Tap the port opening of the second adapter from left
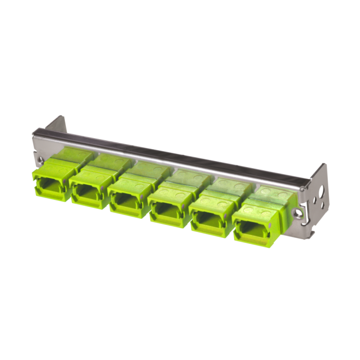(87, 192)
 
